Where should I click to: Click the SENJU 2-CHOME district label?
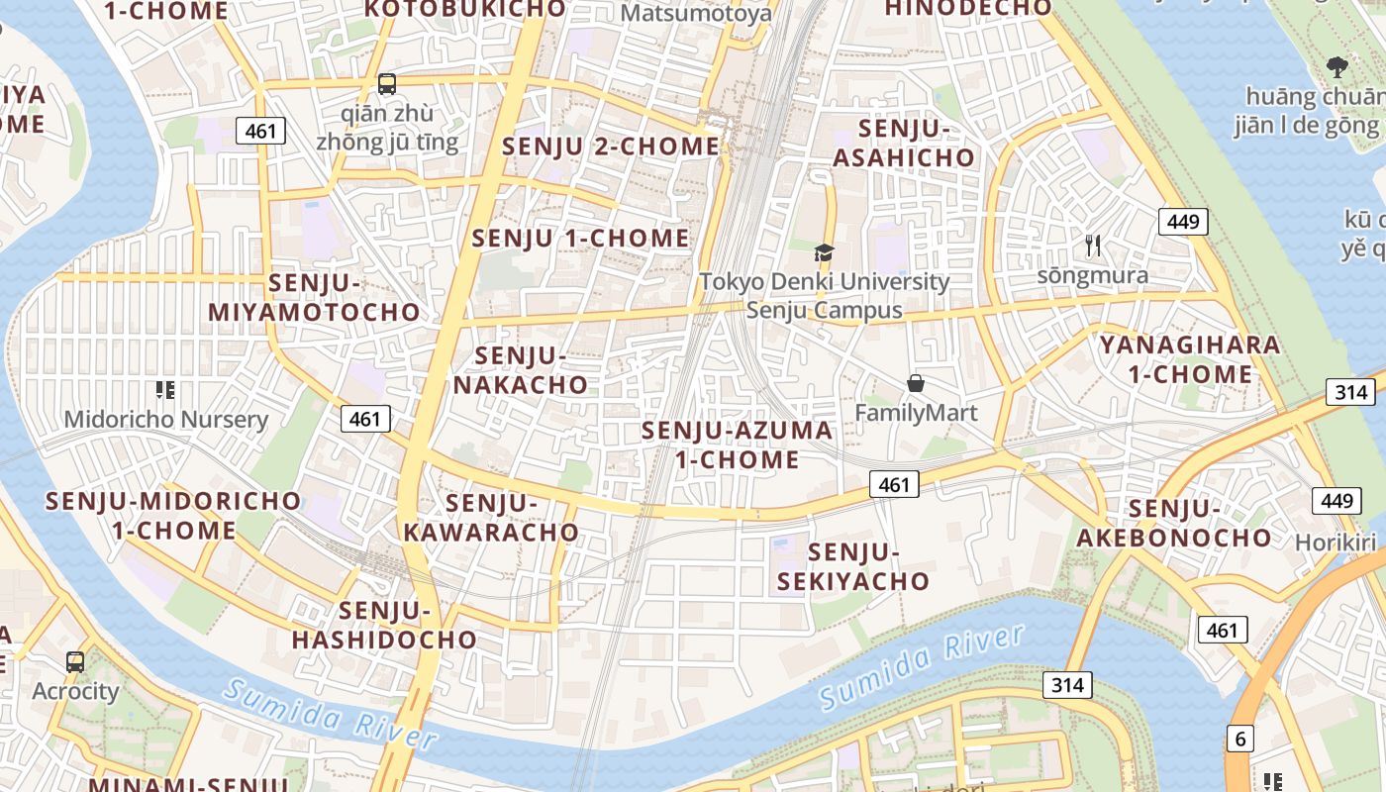click(611, 147)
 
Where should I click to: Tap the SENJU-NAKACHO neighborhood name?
click(520, 370)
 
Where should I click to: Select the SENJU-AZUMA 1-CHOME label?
click(737, 445)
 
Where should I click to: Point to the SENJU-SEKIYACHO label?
click(853, 566)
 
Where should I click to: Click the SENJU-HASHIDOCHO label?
click(384, 625)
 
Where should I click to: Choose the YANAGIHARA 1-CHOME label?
click(1189, 359)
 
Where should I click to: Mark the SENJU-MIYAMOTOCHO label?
click(315, 297)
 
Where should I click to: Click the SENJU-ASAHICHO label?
click(904, 144)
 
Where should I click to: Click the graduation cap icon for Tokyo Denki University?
click(825, 252)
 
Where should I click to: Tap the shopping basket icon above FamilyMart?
click(916, 383)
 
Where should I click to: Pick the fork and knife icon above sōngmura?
click(1093, 246)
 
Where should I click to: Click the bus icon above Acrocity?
click(75, 662)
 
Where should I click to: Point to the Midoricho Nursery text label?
click(165, 420)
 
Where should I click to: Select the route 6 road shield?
click(1238, 738)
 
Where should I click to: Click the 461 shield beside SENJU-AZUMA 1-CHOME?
click(894, 484)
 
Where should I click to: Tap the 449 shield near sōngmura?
click(1183, 221)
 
